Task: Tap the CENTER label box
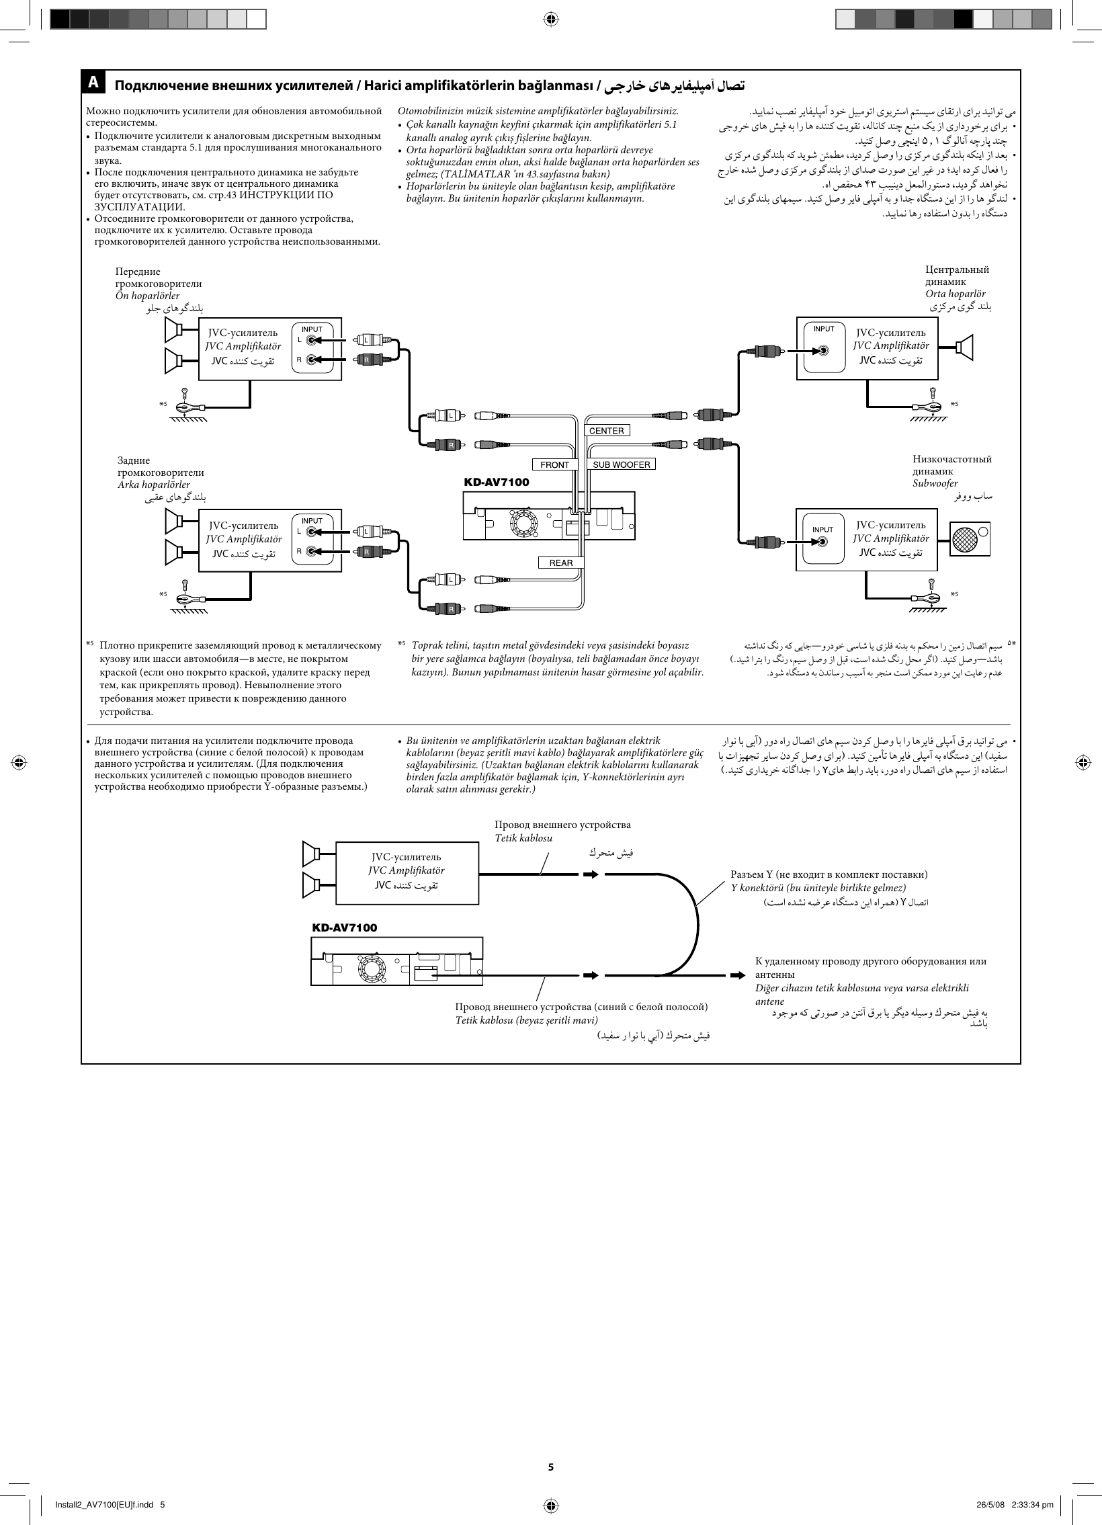pyautogui.click(x=607, y=431)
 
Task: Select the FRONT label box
pyautogui.click(x=555, y=464)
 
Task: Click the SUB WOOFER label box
pyautogui.click(x=622, y=464)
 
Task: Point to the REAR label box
pyautogui.click(x=561, y=563)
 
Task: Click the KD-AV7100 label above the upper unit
pyautogui.click(x=496, y=482)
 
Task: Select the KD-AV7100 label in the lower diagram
pyautogui.click(x=344, y=928)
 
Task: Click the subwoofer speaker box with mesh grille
pyautogui.click(x=970, y=538)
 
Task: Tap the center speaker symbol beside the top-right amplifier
pyautogui.click(x=966, y=347)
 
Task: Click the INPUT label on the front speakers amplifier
pyautogui.click(x=312, y=329)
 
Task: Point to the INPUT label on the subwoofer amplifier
pyautogui.click(x=822, y=530)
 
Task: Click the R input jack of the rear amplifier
pyautogui.click(x=310, y=551)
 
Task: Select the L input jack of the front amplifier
pyautogui.click(x=310, y=340)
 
